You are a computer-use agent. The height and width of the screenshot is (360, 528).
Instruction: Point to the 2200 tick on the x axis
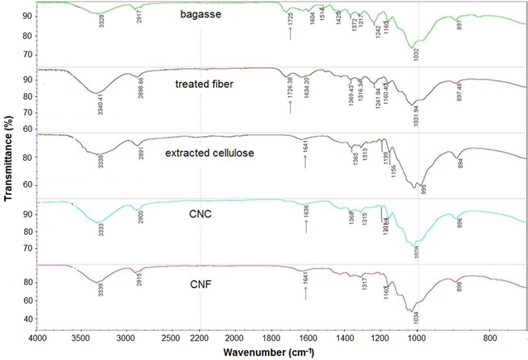[x=200, y=338]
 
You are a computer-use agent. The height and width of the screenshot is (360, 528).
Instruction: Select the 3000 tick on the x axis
[x=125, y=338]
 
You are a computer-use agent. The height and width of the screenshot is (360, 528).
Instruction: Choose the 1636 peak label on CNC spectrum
[x=307, y=212]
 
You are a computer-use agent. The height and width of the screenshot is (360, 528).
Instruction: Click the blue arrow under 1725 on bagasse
[x=290, y=34]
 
